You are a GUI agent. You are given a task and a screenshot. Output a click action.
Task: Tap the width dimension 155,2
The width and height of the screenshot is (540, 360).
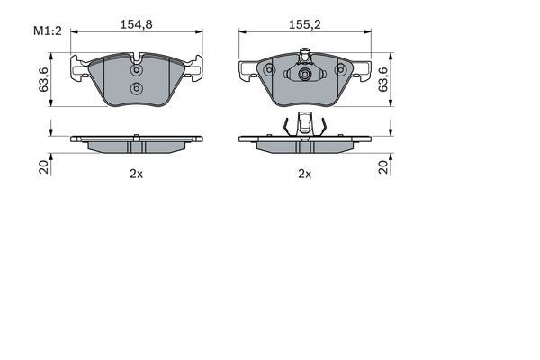tap(304, 25)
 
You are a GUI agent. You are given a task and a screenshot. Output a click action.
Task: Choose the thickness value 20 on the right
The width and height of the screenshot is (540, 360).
tap(383, 166)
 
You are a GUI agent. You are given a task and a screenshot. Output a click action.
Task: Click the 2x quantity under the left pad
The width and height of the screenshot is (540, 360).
tap(136, 174)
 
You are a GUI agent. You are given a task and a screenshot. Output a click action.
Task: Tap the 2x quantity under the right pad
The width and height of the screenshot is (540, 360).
tap(304, 174)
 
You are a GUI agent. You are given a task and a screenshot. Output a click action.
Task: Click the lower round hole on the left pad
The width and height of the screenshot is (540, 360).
tap(136, 88)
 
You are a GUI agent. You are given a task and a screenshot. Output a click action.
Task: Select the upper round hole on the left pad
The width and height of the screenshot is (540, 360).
tap(136, 68)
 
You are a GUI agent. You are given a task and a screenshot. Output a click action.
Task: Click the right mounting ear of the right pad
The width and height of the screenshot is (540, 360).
tap(362, 68)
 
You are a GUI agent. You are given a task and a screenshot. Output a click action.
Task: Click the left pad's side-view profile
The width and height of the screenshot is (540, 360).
tap(136, 141)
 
